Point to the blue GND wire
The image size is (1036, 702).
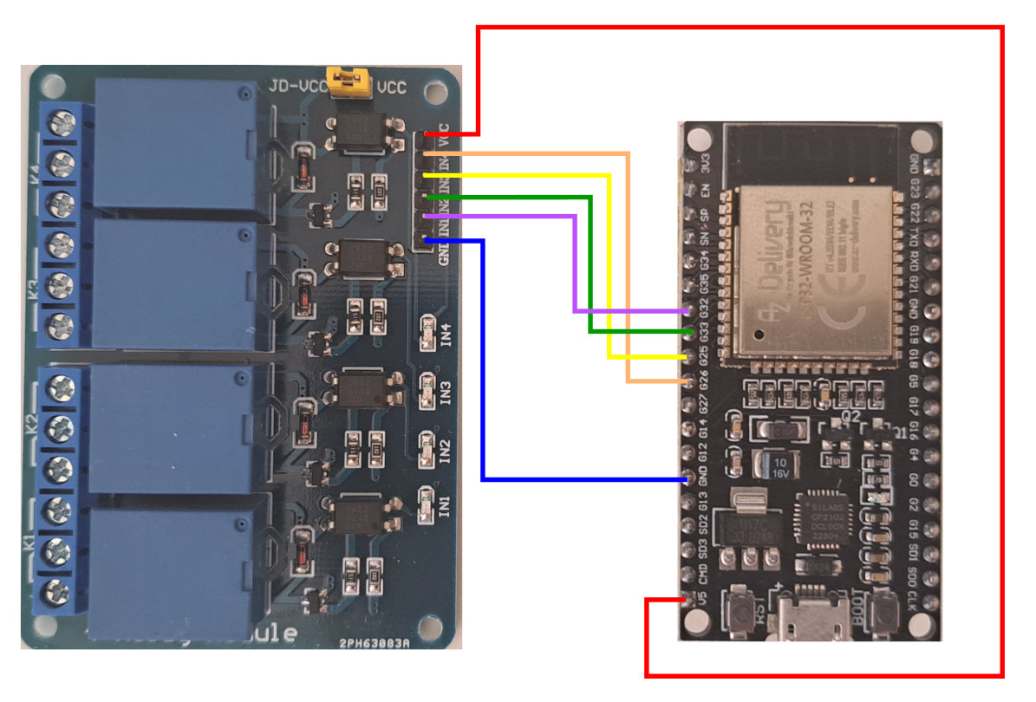[x=482, y=364]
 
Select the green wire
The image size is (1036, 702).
[x=590, y=269]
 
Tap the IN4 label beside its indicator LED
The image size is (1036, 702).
[x=446, y=335]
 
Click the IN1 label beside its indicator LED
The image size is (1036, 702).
[x=446, y=505]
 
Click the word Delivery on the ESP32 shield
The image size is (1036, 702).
[x=776, y=247]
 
